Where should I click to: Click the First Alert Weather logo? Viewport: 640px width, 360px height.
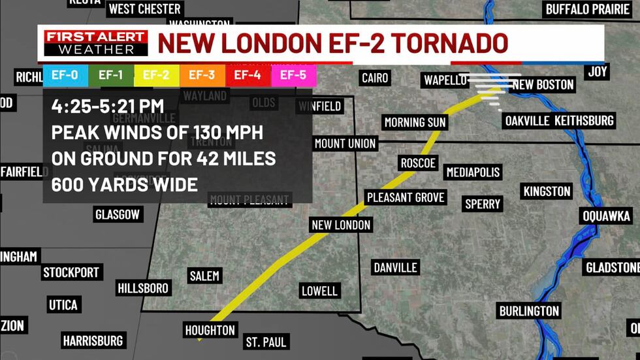tap(96, 42)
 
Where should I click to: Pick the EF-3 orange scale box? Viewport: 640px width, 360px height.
tap(202, 75)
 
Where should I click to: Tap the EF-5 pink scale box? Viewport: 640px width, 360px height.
tap(293, 75)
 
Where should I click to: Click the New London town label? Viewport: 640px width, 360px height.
tap(341, 225)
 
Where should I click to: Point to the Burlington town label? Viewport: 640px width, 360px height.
tap(529, 311)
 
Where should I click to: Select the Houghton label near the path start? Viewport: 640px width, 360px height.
tap(210, 331)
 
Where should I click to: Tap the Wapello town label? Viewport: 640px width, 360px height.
tap(445, 80)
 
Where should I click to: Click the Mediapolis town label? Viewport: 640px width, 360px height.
tap(473, 172)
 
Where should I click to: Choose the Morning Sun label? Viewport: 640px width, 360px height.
tap(415, 123)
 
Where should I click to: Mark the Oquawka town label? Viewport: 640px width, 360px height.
tap(607, 216)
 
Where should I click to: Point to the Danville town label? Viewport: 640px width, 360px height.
tap(395, 267)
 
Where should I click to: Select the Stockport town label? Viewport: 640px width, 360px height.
tap(71, 272)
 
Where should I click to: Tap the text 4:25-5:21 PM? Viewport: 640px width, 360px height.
tap(108, 105)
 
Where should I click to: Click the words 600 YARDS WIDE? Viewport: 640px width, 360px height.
tap(125, 185)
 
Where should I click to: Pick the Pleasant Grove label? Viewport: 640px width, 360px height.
tap(406, 197)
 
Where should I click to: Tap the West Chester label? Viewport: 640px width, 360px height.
tap(144, 9)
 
